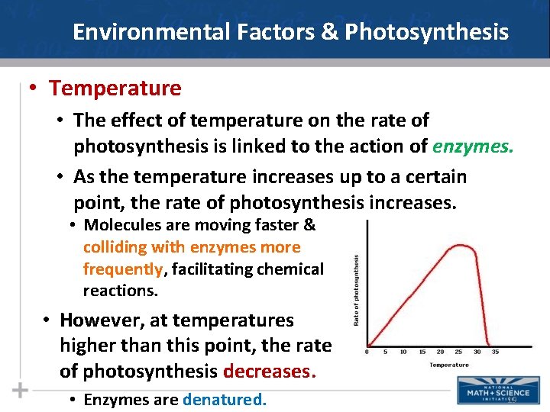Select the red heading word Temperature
(115, 89)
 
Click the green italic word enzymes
(474, 145)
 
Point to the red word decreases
(269, 371)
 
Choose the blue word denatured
(225, 400)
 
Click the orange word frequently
(123, 269)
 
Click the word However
(98, 320)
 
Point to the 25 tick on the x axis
(459, 352)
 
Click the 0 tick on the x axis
(367, 352)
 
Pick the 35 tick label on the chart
(496, 352)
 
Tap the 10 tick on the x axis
(403, 352)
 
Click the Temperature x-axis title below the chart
(449, 365)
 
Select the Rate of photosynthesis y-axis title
(356, 290)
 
